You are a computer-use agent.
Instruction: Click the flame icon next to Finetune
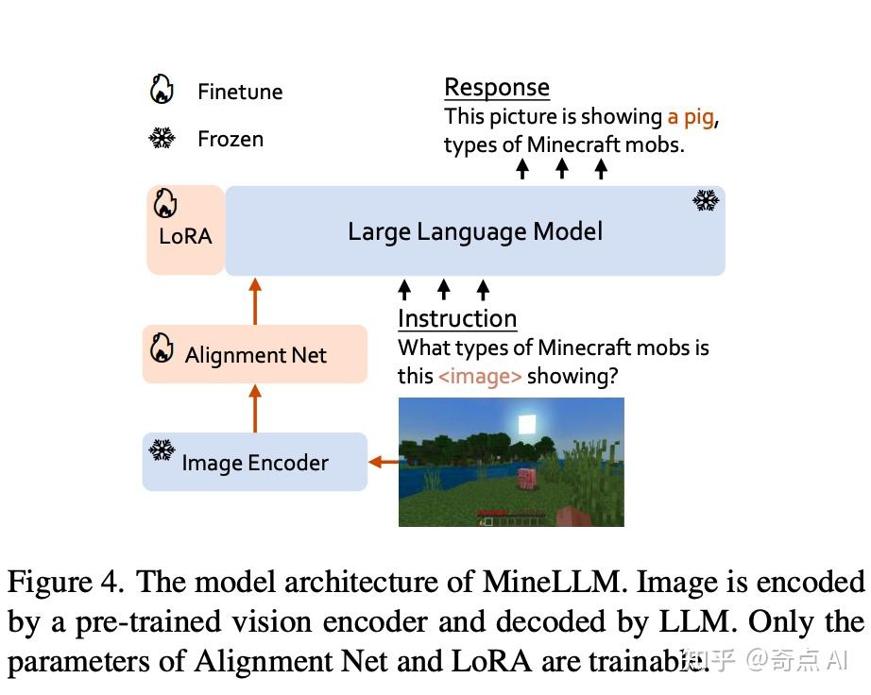point(162,90)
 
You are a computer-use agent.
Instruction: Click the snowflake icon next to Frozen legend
point(162,139)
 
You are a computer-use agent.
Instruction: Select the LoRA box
point(185,230)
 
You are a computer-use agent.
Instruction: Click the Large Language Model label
point(474,231)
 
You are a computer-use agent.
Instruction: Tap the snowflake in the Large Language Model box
point(705,199)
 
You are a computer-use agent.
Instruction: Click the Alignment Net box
point(254,355)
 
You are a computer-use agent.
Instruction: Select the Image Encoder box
point(254,463)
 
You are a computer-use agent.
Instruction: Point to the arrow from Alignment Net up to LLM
point(254,300)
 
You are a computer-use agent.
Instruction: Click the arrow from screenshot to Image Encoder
point(383,462)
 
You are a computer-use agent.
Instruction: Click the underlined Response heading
point(496,88)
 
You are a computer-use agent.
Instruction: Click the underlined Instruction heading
point(457,318)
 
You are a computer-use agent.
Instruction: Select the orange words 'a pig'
point(692,117)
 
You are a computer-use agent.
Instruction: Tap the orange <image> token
point(479,376)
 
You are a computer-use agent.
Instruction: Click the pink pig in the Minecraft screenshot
point(524,477)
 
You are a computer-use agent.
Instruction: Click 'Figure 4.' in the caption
point(64,581)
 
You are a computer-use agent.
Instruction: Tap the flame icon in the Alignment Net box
point(162,347)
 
